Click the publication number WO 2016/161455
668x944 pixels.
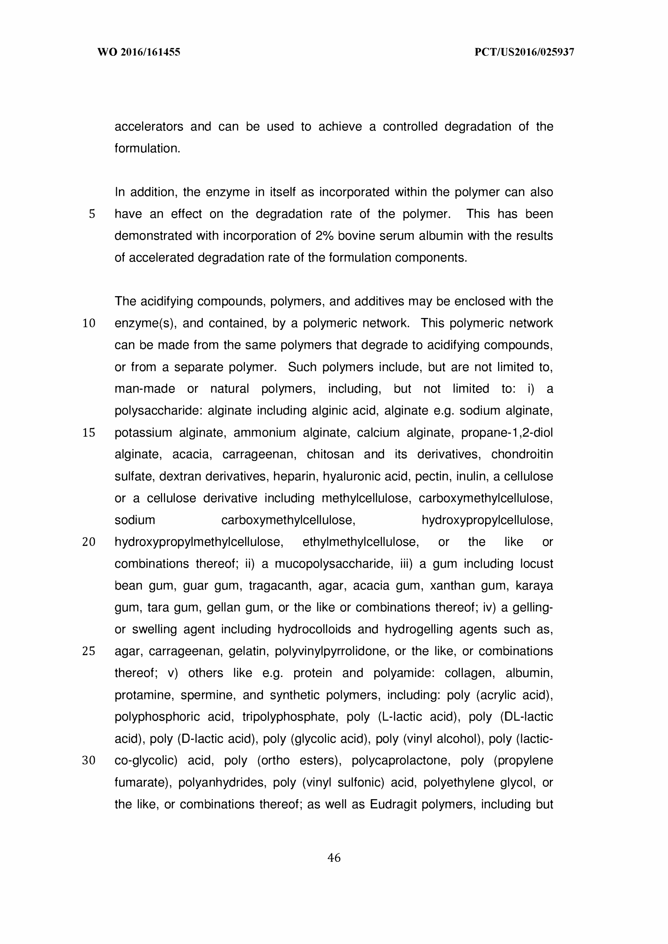(x=139, y=52)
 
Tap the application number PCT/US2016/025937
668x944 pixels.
(x=524, y=52)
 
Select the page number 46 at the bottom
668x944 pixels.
(x=333, y=858)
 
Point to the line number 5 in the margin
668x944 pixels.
(x=92, y=214)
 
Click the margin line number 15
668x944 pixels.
(x=89, y=433)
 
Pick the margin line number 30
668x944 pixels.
(x=89, y=761)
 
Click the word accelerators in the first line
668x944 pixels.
(x=149, y=127)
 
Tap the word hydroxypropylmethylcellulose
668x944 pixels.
(x=199, y=542)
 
